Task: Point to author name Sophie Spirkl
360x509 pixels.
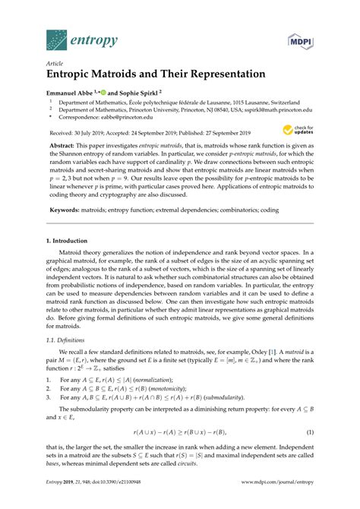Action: click(144, 90)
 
